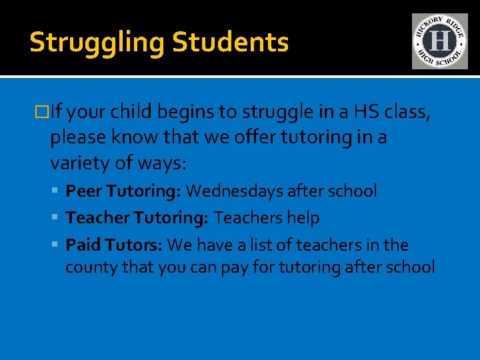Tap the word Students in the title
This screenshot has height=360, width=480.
[231, 42]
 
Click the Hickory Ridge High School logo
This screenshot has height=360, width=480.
[439, 41]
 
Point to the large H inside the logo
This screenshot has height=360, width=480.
[439, 41]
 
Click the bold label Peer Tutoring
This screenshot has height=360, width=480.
[123, 192]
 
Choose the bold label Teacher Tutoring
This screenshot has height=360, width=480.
[137, 218]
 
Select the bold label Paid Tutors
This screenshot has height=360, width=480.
[114, 245]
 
